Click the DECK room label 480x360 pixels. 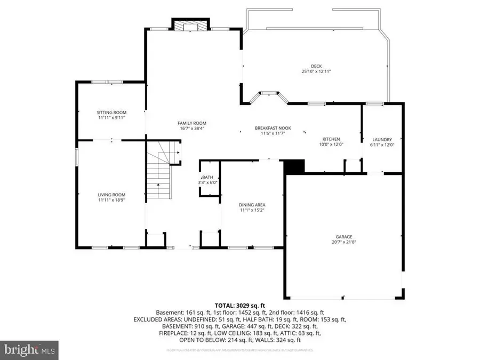(316, 66)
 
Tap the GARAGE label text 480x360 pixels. (343, 237)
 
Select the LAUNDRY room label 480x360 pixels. (382, 139)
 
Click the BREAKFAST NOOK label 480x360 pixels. (270, 128)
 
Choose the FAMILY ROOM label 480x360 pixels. (191, 123)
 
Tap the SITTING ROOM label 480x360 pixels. (111, 113)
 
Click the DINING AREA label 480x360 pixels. (252, 205)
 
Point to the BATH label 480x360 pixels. (207, 178)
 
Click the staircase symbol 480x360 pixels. (161, 171)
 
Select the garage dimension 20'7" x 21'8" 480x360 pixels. (343, 242)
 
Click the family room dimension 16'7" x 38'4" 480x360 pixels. (191, 129)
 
